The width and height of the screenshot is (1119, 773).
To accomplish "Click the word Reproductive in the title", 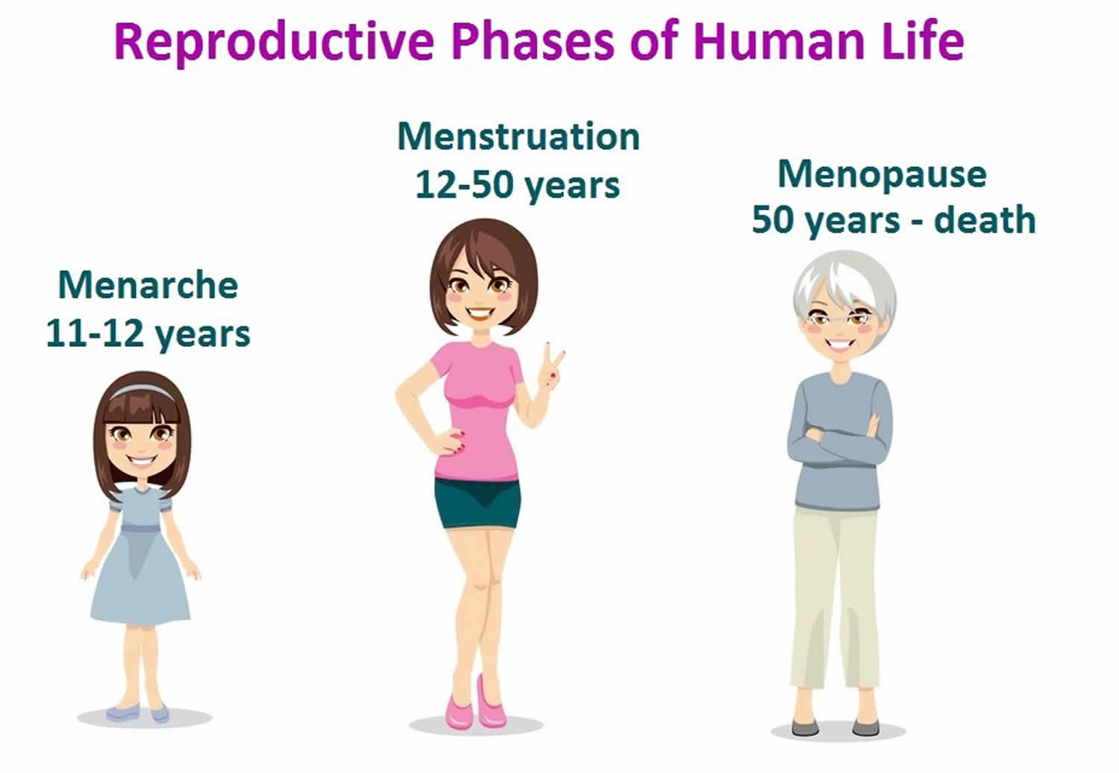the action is [x=274, y=43].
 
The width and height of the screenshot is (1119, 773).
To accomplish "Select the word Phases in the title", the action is [x=533, y=42].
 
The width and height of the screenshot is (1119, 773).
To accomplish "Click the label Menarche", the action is [x=148, y=285].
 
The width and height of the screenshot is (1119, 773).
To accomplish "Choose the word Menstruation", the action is [x=518, y=136].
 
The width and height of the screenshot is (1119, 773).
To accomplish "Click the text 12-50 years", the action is [x=518, y=186].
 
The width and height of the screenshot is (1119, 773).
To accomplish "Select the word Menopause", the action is [x=883, y=175].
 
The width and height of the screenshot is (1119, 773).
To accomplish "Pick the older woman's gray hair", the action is [x=844, y=285].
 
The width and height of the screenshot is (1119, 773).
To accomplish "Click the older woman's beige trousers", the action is [x=836, y=597].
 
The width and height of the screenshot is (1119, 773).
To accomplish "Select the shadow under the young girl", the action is [x=145, y=718].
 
